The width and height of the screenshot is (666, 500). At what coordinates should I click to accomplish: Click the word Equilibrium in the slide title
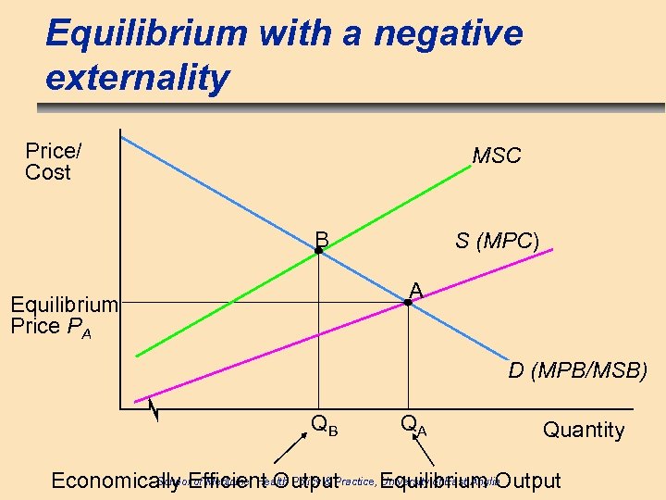tap(145, 34)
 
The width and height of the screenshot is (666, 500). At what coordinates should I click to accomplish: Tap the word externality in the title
tap(137, 79)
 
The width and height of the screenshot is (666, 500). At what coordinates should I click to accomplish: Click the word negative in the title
tap(448, 34)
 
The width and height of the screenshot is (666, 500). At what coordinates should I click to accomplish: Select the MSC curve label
tap(497, 156)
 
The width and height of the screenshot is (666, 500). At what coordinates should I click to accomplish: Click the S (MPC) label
tap(497, 241)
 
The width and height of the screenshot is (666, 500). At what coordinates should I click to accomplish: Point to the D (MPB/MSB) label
tap(578, 371)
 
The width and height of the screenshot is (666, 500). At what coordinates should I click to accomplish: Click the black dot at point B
tap(318, 251)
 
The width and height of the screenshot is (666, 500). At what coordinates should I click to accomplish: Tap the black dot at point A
tap(408, 302)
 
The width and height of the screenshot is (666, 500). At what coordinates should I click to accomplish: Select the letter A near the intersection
tap(416, 291)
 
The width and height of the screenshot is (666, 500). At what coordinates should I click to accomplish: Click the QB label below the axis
tap(324, 426)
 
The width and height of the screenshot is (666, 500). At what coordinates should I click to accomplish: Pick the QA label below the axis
tap(413, 426)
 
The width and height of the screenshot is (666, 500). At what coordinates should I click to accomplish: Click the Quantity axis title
tap(584, 430)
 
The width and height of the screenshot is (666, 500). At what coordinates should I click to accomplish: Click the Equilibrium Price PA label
tap(64, 316)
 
